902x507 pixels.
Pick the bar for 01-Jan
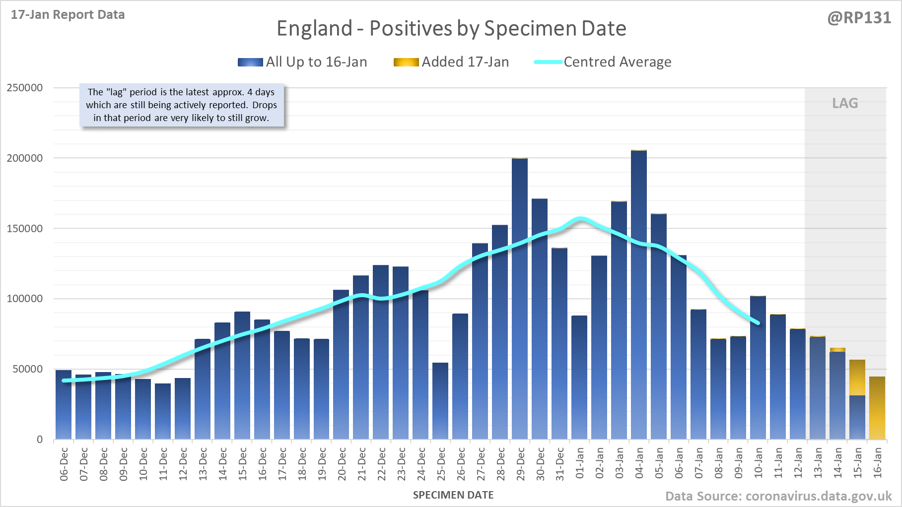[x=579, y=377]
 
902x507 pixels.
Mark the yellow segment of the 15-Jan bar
[x=857, y=377]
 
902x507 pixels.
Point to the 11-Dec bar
[x=163, y=411]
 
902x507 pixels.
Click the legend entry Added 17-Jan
[x=451, y=62]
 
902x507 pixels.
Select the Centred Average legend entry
[x=603, y=62]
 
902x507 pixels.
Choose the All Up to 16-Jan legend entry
[x=302, y=62]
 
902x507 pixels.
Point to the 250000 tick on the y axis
[x=25, y=88]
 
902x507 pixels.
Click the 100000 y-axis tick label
[x=25, y=299]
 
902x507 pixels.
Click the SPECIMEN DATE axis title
[x=453, y=495]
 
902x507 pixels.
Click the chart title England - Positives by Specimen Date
[x=451, y=28]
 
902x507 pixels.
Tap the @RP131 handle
[x=859, y=18]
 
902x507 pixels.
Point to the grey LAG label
[x=845, y=103]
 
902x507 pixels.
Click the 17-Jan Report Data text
[x=68, y=15]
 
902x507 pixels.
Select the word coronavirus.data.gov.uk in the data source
[x=819, y=496]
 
